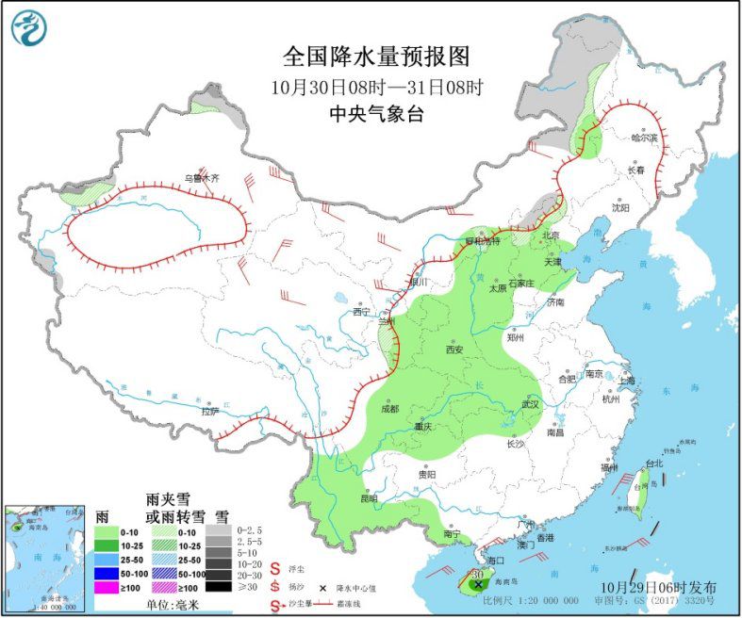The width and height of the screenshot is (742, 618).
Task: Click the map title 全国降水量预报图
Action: [x=376, y=57]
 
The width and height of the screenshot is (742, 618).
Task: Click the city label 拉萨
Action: [x=209, y=411]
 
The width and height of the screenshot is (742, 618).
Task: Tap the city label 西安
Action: [x=454, y=350]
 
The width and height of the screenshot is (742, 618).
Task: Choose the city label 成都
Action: [x=388, y=409]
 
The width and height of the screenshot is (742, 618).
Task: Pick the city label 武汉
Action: [x=527, y=404]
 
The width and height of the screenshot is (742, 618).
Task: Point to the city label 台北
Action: [x=653, y=463]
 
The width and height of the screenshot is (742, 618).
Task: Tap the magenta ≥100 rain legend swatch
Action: [x=110, y=587]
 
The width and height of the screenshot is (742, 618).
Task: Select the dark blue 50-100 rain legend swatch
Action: [x=110, y=571]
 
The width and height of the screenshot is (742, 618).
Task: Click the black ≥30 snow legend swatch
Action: [x=218, y=587]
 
